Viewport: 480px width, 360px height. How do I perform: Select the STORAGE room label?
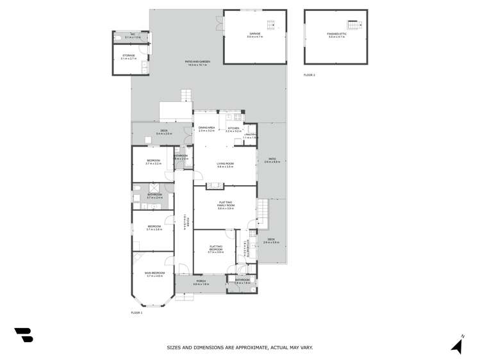pos(128,57)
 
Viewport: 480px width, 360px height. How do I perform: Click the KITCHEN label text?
pos(233,129)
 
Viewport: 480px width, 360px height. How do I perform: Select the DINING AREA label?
pos(205,128)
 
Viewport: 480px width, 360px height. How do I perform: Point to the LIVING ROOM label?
pos(225,165)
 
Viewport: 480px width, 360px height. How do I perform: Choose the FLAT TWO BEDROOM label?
pos(215,249)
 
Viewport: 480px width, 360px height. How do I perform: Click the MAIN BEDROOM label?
pos(155,274)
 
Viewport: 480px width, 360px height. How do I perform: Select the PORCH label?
pos(201,282)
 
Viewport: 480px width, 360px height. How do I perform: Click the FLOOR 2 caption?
pos(310,75)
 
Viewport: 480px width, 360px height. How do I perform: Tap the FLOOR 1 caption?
pos(136,312)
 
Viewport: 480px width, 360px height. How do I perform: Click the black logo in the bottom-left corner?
pos(23,335)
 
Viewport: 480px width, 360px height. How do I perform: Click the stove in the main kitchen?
pos(238,118)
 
